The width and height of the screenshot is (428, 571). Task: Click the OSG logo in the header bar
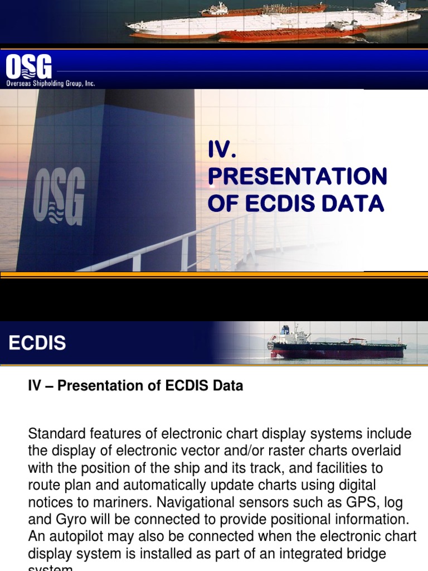[28, 67]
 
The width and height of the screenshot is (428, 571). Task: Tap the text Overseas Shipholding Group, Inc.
[50, 84]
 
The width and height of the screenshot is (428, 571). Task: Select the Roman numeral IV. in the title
[222, 149]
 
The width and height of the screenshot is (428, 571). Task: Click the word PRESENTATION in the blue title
[297, 176]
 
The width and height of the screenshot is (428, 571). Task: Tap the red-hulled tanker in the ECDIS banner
[337, 349]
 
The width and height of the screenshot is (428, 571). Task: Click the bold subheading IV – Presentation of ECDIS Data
[135, 386]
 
